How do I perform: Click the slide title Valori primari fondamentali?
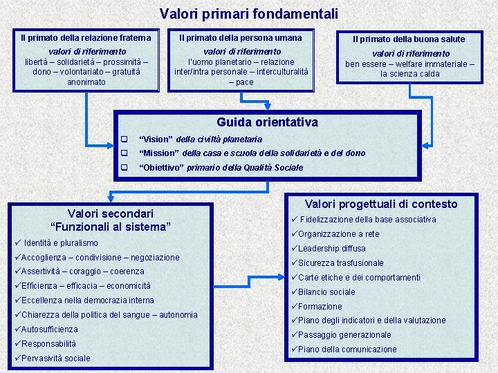point(249,13)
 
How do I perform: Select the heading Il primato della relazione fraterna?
point(86,38)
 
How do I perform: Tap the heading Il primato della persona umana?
point(241,38)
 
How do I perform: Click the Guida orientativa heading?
point(267,122)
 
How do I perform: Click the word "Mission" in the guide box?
point(159,153)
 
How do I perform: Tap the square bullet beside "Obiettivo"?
point(125,167)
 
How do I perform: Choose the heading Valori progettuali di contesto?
point(381,204)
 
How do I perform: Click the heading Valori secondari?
point(111,213)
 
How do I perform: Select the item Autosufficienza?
point(49,329)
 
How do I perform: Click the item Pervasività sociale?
point(55,358)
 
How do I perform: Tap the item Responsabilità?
point(48,344)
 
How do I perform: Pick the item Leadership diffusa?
point(331,249)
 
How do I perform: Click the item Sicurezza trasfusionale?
point(340,263)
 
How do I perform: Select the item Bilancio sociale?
point(326,292)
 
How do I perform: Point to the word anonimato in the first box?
point(86,82)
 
